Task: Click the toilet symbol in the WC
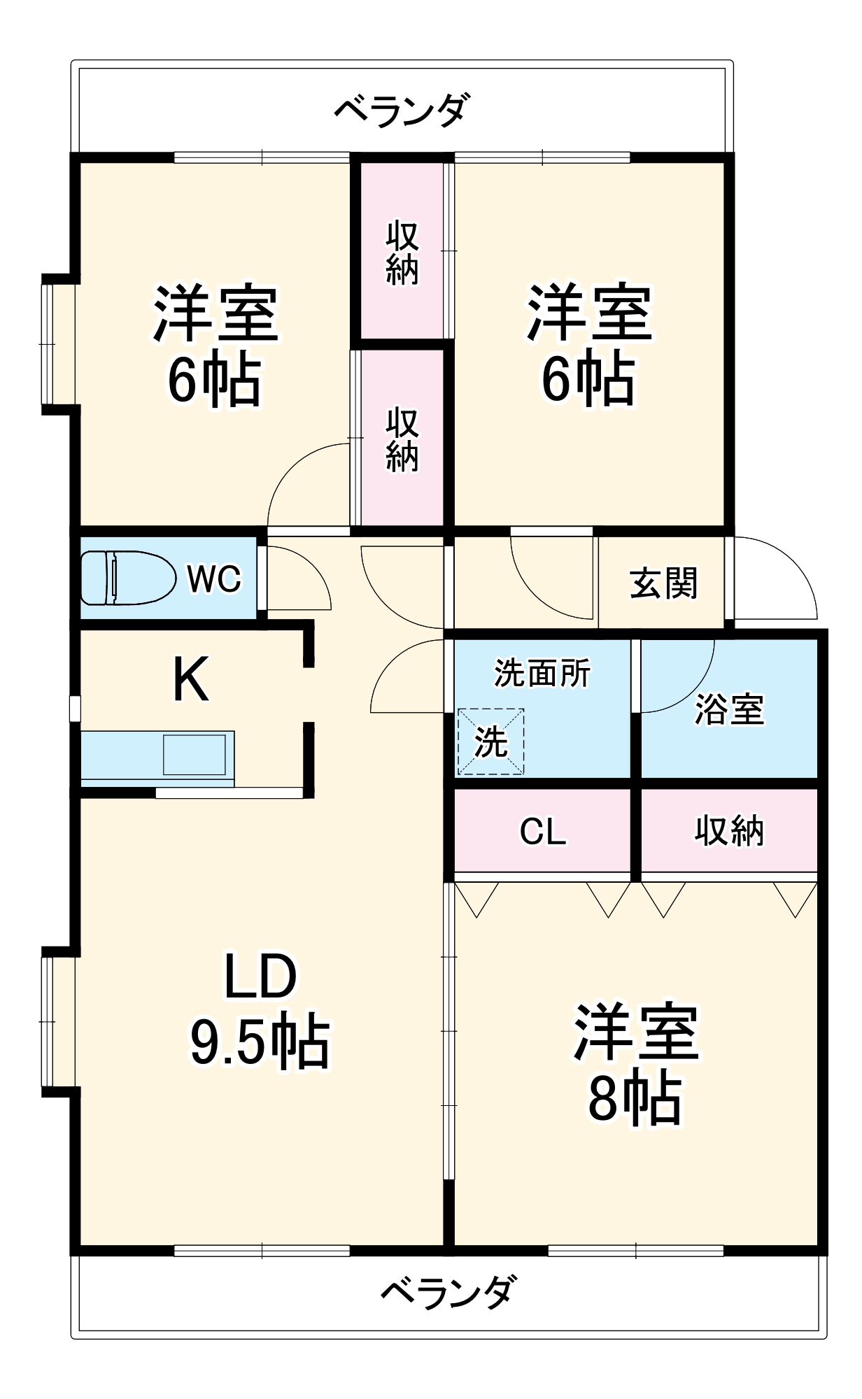point(128,578)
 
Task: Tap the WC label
point(213,578)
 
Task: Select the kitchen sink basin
point(195,755)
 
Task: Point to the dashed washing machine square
point(490,741)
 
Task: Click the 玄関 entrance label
point(663,583)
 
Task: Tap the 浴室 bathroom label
point(729,709)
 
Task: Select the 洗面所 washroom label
point(542,673)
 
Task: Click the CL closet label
point(542,832)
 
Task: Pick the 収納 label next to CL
point(729,831)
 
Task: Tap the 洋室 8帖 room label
point(635,1064)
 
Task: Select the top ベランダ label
point(402,110)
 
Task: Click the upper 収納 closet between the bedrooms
point(402,253)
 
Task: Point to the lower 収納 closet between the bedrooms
point(402,439)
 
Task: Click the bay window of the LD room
point(58,1022)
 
